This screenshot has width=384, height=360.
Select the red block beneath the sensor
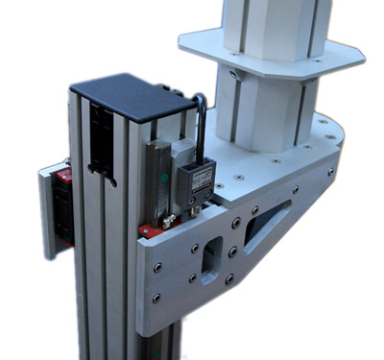[x=150, y=231]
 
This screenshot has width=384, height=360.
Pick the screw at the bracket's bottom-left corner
[x=156, y=299]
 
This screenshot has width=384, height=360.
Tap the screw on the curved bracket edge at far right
[x=331, y=172]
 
